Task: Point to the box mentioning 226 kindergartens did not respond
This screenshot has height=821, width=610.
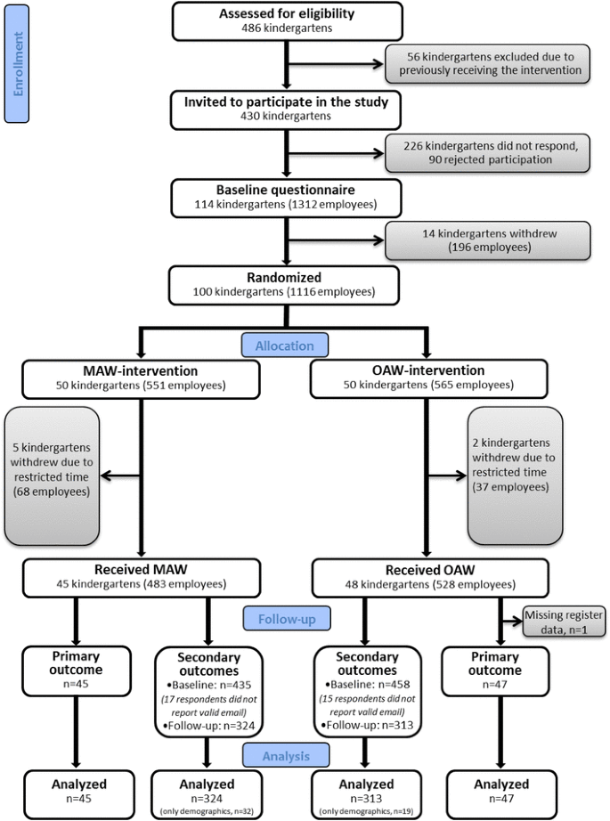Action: click(487, 152)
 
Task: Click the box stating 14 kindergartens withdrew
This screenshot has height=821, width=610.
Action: click(487, 240)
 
